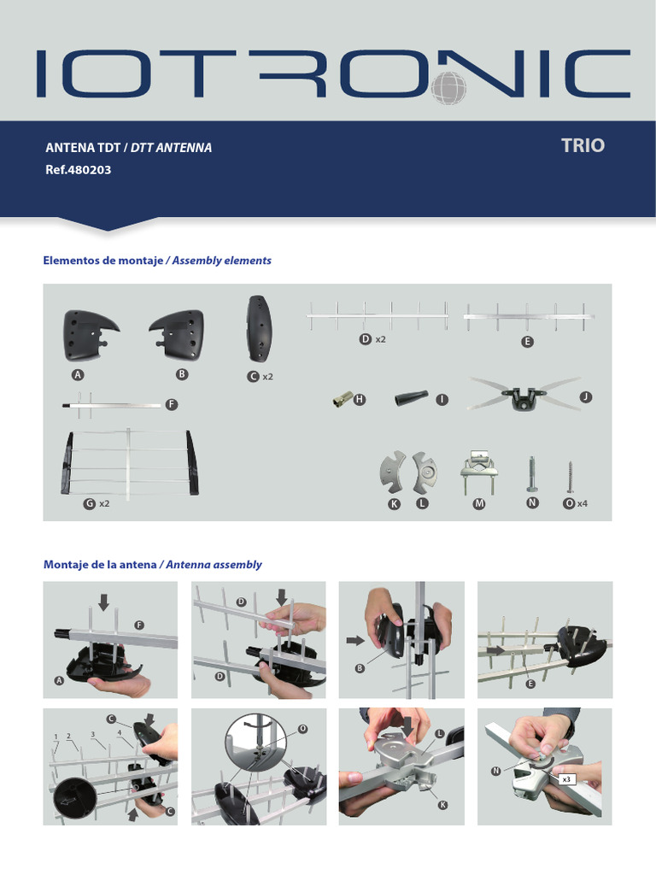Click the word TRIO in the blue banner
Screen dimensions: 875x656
click(x=583, y=145)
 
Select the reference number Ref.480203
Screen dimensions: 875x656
click(x=78, y=170)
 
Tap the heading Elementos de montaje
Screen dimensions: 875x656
click(x=102, y=261)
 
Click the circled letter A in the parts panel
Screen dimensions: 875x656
click(x=78, y=375)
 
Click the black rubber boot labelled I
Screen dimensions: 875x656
click(x=413, y=399)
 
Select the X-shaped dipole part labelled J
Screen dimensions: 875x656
click(x=521, y=396)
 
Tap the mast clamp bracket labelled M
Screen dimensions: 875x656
click(x=478, y=469)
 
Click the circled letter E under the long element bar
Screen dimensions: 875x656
click(x=527, y=342)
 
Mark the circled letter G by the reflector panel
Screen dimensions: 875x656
click(x=88, y=504)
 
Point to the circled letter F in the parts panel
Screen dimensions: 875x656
click(x=172, y=404)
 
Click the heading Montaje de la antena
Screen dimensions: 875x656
click(x=100, y=565)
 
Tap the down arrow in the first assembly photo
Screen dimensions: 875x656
click(x=103, y=602)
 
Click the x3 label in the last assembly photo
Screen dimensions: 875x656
click(x=566, y=779)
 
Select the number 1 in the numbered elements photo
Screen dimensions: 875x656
click(x=56, y=737)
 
